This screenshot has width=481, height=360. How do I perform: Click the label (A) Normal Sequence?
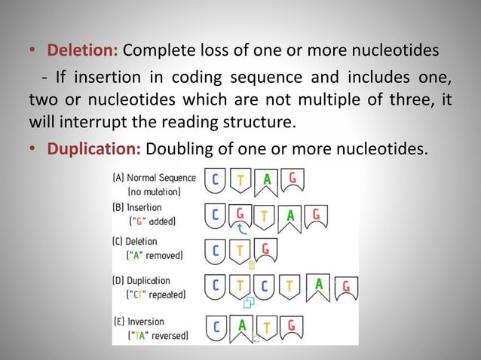point(155,178)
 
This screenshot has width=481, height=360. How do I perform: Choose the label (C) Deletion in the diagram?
point(136,242)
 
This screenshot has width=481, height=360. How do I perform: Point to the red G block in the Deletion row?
point(266,249)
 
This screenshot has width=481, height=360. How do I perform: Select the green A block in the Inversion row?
point(242,326)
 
